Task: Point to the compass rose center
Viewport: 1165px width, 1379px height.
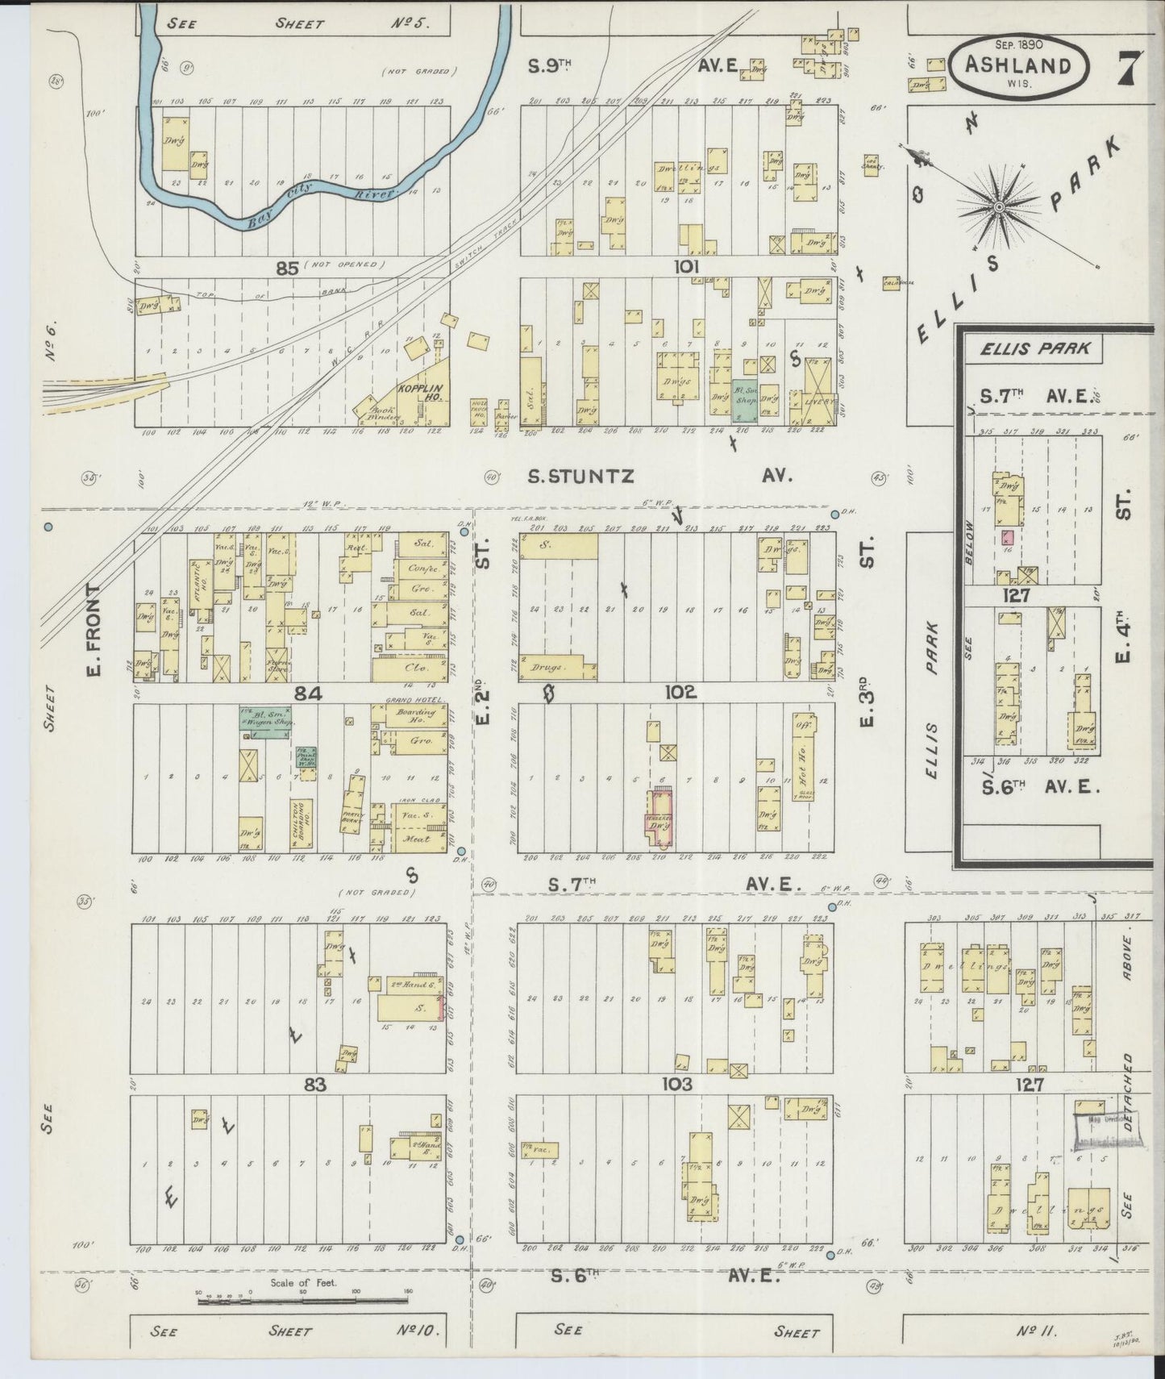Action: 999,207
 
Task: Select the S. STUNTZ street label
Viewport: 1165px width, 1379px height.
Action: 580,477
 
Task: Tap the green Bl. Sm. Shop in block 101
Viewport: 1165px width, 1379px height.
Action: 744,400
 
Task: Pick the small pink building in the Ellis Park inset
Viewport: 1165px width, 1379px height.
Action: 1006,537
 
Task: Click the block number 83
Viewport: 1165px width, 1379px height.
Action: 314,1085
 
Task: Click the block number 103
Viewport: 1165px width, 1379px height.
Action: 676,1085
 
